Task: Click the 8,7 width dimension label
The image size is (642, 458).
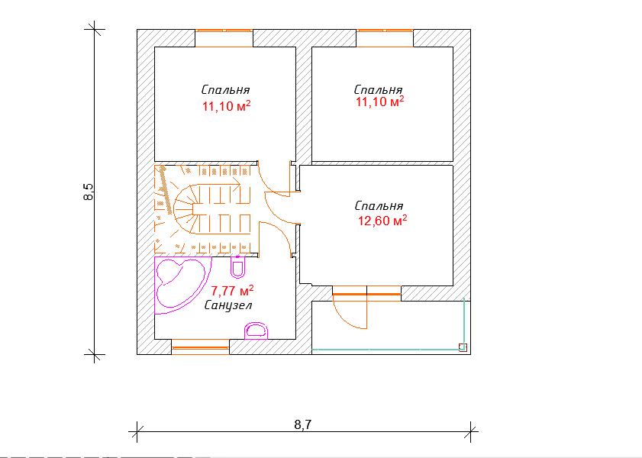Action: click(302, 424)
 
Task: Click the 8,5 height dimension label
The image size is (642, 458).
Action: click(89, 192)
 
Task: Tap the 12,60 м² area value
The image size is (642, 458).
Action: click(382, 221)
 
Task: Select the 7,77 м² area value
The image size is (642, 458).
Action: click(232, 291)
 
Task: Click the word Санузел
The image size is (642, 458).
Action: click(228, 305)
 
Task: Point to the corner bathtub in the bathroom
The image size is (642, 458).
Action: click(182, 285)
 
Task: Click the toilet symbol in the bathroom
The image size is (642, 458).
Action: click(237, 266)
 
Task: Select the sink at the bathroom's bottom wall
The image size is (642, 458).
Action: click(257, 331)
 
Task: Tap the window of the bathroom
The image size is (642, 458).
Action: click(200, 347)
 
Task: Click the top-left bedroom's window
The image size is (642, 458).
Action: click(224, 38)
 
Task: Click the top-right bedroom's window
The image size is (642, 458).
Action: click(385, 38)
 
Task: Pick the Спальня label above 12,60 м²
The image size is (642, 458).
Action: click(379, 205)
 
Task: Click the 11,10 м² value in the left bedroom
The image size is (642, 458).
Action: click(227, 106)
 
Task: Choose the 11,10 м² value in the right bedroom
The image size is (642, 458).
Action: click(379, 101)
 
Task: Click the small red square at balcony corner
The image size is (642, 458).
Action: click(463, 347)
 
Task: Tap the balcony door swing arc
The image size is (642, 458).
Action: click(347, 315)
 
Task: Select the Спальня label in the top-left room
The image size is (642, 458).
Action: click(225, 89)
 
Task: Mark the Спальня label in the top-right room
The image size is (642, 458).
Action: click(378, 89)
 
